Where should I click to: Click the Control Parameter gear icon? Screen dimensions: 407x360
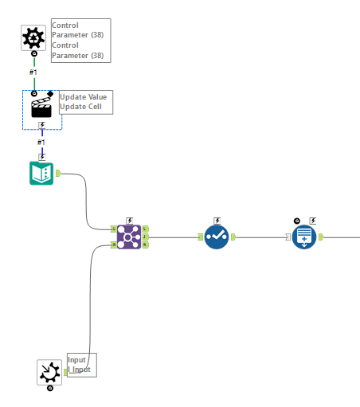(x=33, y=37)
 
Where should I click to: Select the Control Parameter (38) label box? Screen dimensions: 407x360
(x=80, y=41)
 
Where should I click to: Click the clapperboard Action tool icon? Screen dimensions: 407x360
(x=41, y=108)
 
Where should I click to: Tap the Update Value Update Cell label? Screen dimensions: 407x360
(x=85, y=102)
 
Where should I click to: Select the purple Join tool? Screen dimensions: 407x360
(x=129, y=237)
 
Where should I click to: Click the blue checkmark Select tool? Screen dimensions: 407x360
(x=217, y=237)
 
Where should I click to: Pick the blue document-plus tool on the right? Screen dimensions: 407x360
(x=304, y=237)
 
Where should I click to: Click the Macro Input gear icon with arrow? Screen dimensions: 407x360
(x=49, y=371)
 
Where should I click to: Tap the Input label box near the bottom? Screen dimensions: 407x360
(x=81, y=365)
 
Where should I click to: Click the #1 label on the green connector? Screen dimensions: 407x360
(x=33, y=72)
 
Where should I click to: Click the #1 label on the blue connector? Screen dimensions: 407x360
(x=41, y=143)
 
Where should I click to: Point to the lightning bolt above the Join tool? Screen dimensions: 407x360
(x=129, y=220)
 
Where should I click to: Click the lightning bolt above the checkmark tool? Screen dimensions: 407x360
(x=217, y=220)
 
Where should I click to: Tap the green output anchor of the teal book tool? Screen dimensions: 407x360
(x=58, y=173)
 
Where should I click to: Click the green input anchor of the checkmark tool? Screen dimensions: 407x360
(x=200, y=237)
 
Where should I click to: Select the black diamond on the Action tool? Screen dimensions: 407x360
(x=51, y=93)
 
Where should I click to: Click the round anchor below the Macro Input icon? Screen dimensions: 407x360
(x=49, y=388)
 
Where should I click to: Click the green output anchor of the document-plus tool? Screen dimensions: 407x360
(x=321, y=237)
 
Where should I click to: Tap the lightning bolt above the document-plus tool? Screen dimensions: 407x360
(x=312, y=220)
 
